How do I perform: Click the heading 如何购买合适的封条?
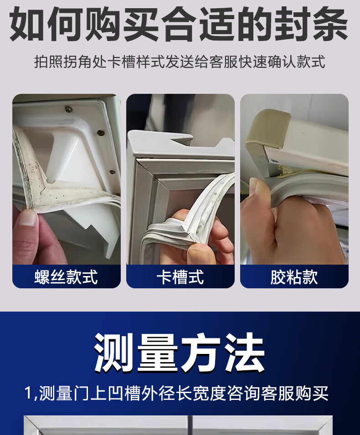pos(179,24)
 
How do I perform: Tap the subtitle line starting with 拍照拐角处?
pos(180,61)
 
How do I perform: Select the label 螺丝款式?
pos(66,276)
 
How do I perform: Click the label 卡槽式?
pos(180,276)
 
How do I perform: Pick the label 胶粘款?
pos(294,276)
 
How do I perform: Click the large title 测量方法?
pos(179,353)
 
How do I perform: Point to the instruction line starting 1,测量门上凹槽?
pos(176,393)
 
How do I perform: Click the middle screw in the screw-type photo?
pos(101,133)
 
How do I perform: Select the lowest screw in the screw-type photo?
pos(113,172)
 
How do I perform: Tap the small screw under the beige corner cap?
pos(273,161)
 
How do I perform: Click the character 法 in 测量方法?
pos(244,353)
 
